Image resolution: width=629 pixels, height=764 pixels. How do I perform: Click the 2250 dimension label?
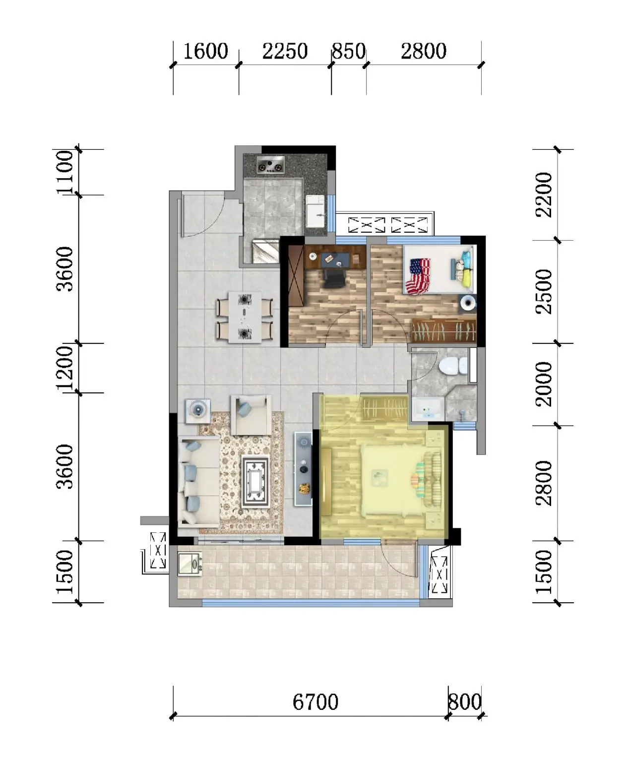pyautogui.click(x=285, y=51)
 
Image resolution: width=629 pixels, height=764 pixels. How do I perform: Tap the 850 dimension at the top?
pyautogui.click(x=349, y=51)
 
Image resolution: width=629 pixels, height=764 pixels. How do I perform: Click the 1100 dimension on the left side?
pyautogui.click(x=65, y=172)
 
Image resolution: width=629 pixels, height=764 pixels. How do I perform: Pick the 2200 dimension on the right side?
pyautogui.click(x=544, y=194)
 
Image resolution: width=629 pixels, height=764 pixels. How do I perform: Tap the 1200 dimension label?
pyautogui.click(x=65, y=368)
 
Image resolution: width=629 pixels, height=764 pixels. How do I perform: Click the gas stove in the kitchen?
pyautogui.click(x=271, y=165)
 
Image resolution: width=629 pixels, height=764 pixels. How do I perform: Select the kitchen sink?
pyautogui.click(x=315, y=211)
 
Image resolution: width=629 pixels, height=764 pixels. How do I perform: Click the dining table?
pyautogui.click(x=245, y=317)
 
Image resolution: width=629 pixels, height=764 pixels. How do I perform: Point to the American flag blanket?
pyautogui.click(x=419, y=276)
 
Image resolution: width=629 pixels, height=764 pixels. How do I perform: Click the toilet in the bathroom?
pyautogui.click(x=453, y=366)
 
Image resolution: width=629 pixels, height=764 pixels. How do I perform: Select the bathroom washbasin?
pyautogui.click(x=427, y=409)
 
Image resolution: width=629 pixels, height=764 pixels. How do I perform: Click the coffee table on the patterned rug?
pyautogui.click(x=255, y=481)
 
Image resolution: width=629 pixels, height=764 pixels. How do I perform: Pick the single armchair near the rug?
pyautogui.click(x=251, y=415)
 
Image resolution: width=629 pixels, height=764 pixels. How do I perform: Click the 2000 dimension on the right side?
pyautogui.click(x=544, y=384)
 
